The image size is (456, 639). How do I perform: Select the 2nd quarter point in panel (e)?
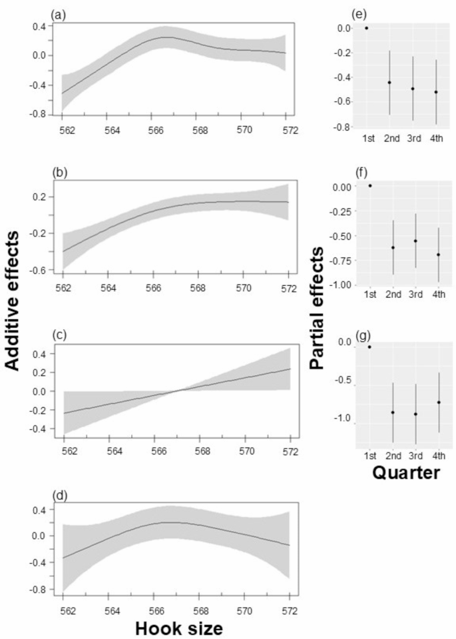pyautogui.click(x=389, y=83)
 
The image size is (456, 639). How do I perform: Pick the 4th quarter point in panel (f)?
pyautogui.click(x=438, y=255)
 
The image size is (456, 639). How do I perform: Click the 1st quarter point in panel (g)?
pyautogui.click(x=369, y=347)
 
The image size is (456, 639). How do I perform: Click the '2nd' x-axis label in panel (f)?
pyautogui.click(x=393, y=297)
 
